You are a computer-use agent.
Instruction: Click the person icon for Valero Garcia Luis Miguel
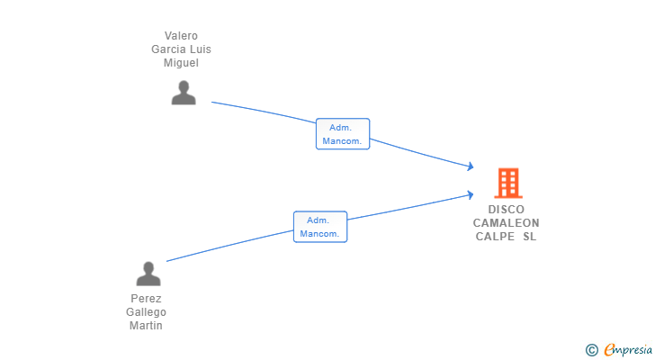point(184,93)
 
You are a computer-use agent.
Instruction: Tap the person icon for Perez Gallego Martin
point(148,274)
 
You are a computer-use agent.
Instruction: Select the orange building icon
point(508,183)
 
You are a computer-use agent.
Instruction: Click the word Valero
point(181,36)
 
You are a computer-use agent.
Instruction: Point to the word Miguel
point(181,63)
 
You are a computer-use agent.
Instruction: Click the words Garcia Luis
point(181,49)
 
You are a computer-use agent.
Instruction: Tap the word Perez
point(146,299)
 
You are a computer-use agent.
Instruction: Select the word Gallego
point(146,312)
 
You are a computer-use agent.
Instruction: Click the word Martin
point(146,326)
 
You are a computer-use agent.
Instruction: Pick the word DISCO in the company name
point(507,210)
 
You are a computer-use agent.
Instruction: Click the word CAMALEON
point(507,223)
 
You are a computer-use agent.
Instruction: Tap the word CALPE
point(495,237)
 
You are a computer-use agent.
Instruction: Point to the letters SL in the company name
point(529,237)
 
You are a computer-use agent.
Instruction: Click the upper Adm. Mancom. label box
point(343,134)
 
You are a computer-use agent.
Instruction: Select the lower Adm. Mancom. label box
point(320,227)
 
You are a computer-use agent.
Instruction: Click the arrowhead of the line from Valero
point(470,166)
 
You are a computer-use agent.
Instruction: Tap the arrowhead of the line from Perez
point(470,194)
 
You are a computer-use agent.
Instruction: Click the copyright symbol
point(591,350)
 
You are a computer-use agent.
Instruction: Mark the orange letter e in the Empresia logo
point(609,350)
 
